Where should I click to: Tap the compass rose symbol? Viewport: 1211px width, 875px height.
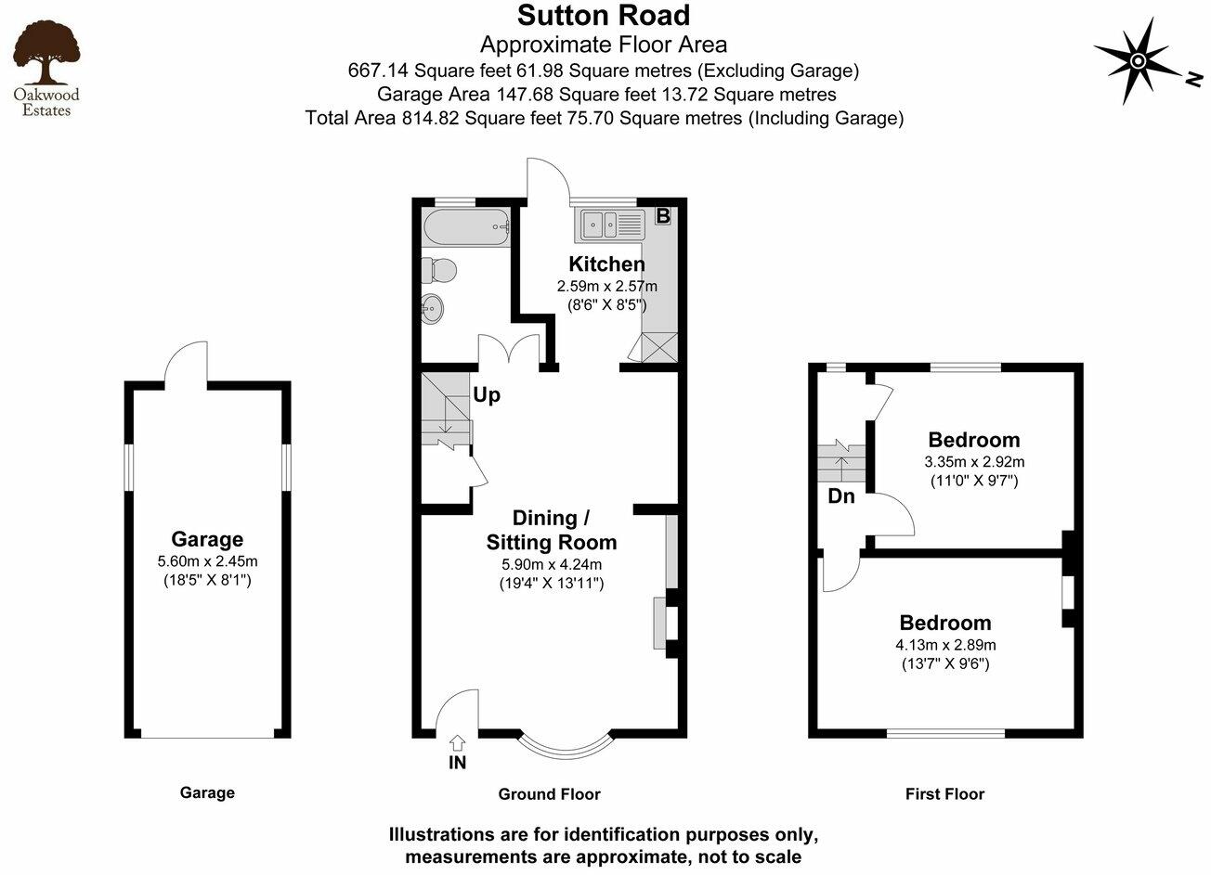point(1137,62)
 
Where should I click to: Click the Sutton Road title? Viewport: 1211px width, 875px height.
point(604,16)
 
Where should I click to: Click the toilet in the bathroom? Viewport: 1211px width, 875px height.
point(438,271)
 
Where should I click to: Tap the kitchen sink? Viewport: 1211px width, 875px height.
point(614,223)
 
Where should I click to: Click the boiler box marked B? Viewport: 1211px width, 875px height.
point(662,215)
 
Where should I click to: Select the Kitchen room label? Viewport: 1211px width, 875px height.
point(606,264)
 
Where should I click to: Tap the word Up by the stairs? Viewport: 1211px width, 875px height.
point(487,395)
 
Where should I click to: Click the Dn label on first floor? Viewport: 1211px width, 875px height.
point(841,496)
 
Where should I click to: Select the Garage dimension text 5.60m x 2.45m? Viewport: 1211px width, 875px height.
point(208,561)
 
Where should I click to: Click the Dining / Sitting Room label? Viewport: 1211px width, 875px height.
point(552,530)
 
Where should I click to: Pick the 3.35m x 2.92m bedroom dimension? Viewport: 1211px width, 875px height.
point(974,461)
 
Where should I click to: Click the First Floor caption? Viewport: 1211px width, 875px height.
point(944,794)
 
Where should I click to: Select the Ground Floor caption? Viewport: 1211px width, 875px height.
point(550,794)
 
